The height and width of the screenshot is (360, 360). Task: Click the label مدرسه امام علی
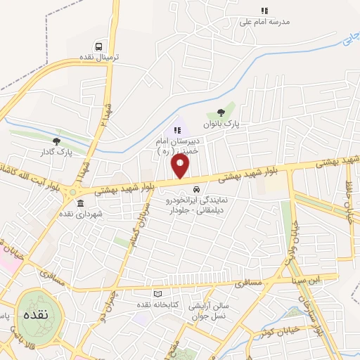point(264,22)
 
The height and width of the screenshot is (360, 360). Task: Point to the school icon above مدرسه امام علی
point(264,11)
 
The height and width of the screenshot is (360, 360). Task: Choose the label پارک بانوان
point(222,123)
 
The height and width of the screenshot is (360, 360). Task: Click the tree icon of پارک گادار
point(56,141)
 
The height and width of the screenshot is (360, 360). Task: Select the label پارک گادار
point(56,151)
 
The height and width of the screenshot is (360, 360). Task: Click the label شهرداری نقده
point(81,214)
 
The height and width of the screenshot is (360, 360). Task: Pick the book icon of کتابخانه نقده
point(157,293)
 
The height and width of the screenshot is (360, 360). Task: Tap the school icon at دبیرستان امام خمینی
point(177,129)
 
